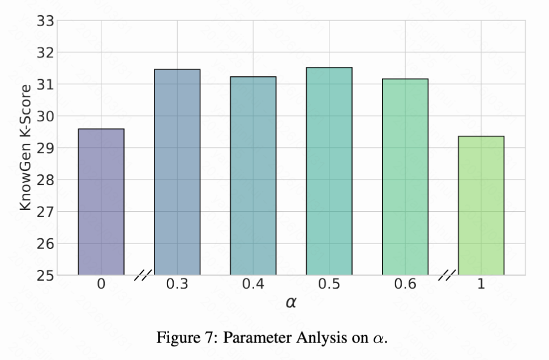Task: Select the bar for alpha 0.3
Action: pos(177,173)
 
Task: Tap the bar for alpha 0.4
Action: pos(253,176)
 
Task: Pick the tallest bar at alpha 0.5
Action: pos(329,172)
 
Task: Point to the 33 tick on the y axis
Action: pos(45,21)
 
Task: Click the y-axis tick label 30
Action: pos(45,117)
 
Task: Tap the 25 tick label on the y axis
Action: pos(45,276)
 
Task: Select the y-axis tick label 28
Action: pos(45,180)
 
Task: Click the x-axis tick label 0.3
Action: pos(177,284)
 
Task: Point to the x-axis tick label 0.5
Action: pos(329,284)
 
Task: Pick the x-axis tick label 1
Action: pos(481,284)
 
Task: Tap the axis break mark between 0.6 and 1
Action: pos(447,276)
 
